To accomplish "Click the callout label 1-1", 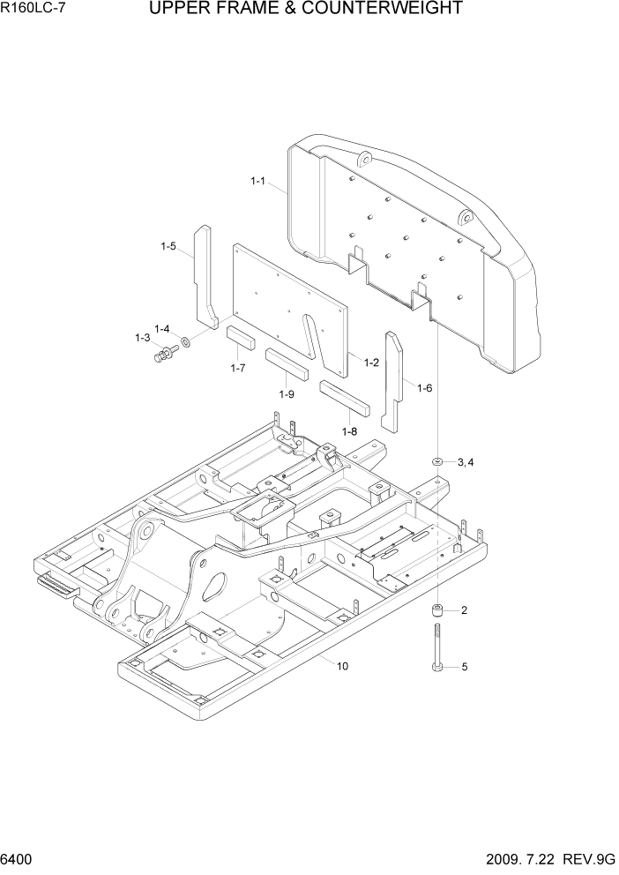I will coord(257,181).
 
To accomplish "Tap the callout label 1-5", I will coord(168,246).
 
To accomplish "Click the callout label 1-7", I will coord(237,368).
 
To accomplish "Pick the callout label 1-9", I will coord(286,394).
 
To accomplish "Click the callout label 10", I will coord(342,666).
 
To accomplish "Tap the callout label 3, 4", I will coord(466,462).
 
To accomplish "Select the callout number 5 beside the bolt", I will coord(464,668).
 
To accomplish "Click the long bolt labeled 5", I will coord(437,649).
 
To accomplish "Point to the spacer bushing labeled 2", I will coord(437,610).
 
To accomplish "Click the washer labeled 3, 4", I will coord(437,461).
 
